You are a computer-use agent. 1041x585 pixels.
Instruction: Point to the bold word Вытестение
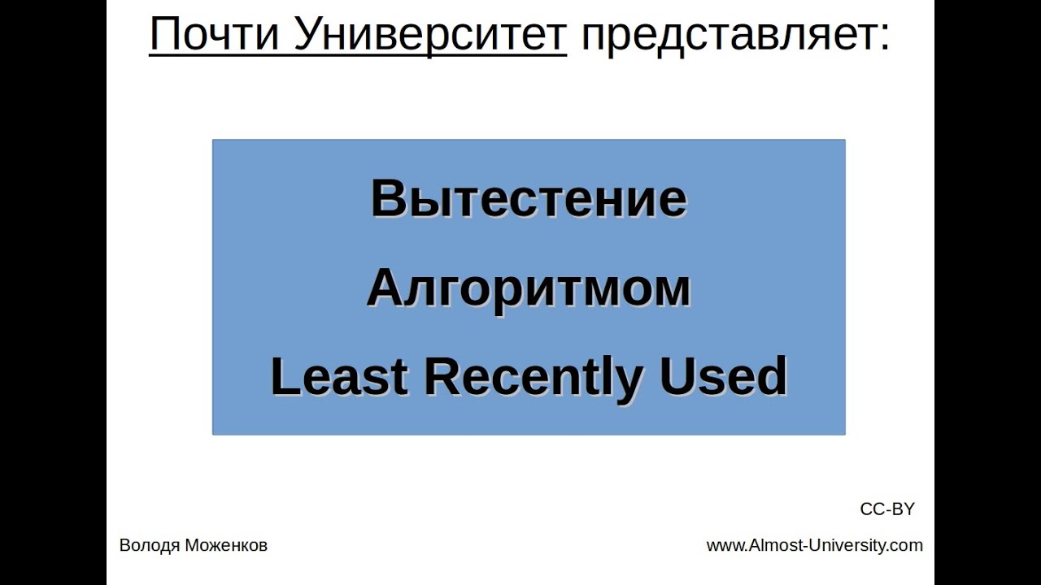click(x=529, y=199)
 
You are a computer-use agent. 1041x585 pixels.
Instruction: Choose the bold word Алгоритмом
click(x=529, y=288)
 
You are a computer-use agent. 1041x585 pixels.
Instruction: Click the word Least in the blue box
click(x=338, y=377)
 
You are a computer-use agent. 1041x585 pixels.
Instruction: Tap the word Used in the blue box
click(x=723, y=377)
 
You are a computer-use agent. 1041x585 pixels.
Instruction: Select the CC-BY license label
click(x=887, y=509)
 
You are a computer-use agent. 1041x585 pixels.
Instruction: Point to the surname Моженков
click(x=225, y=546)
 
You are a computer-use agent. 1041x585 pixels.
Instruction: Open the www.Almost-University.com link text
click(x=814, y=546)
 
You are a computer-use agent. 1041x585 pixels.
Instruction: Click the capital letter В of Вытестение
click(x=386, y=199)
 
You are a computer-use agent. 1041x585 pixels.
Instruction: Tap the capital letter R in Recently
click(x=440, y=377)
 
